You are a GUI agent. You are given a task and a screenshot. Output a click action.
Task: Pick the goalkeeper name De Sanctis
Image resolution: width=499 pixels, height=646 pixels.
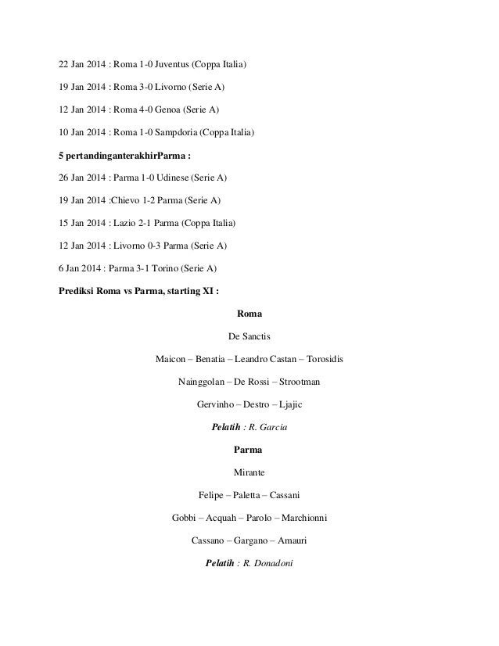coord(249,337)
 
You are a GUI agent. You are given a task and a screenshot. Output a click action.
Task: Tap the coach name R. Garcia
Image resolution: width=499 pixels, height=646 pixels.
coord(273,428)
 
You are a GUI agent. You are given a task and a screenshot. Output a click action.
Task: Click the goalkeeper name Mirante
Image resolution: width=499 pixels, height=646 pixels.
coord(249,473)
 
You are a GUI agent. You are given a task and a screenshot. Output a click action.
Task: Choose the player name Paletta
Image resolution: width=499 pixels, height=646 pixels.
coord(249,496)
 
